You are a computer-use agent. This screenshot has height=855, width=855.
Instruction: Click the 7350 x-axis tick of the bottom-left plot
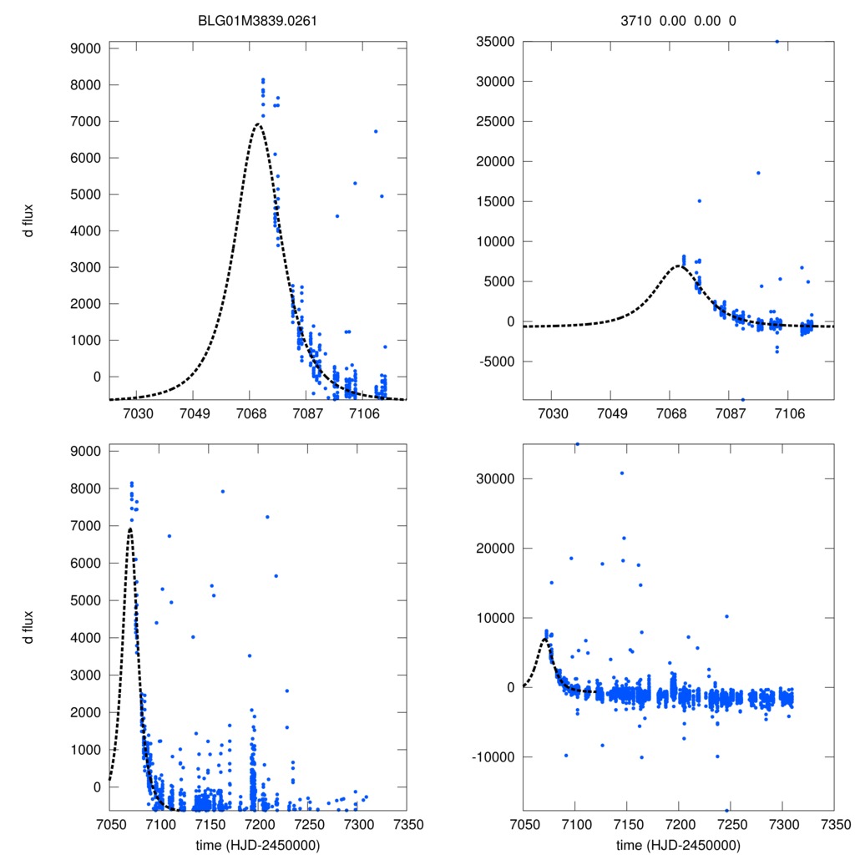click(x=407, y=823)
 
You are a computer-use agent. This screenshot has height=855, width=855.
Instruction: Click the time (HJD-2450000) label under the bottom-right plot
click(x=677, y=844)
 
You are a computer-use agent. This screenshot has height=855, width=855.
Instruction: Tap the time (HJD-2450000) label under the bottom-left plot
click(x=258, y=844)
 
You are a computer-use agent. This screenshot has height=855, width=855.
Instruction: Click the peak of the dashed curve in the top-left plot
click(x=257, y=124)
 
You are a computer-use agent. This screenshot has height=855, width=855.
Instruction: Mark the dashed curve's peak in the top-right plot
click(x=679, y=266)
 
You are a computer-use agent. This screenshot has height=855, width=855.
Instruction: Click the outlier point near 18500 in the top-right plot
click(x=758, y=173)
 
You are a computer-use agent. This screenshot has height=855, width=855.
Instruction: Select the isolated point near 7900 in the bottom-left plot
click(x=222, y=491)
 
